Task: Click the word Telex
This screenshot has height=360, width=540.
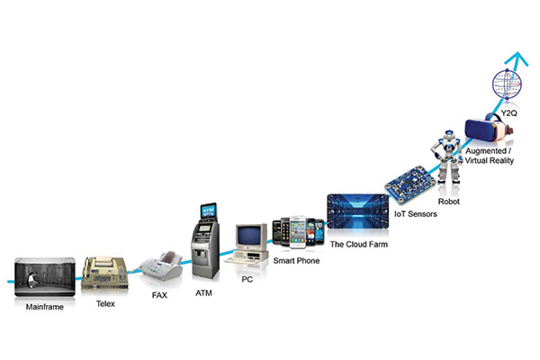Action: point(105,304)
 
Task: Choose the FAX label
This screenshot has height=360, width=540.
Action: point(158,293)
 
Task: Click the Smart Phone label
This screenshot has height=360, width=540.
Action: point(296,261)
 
